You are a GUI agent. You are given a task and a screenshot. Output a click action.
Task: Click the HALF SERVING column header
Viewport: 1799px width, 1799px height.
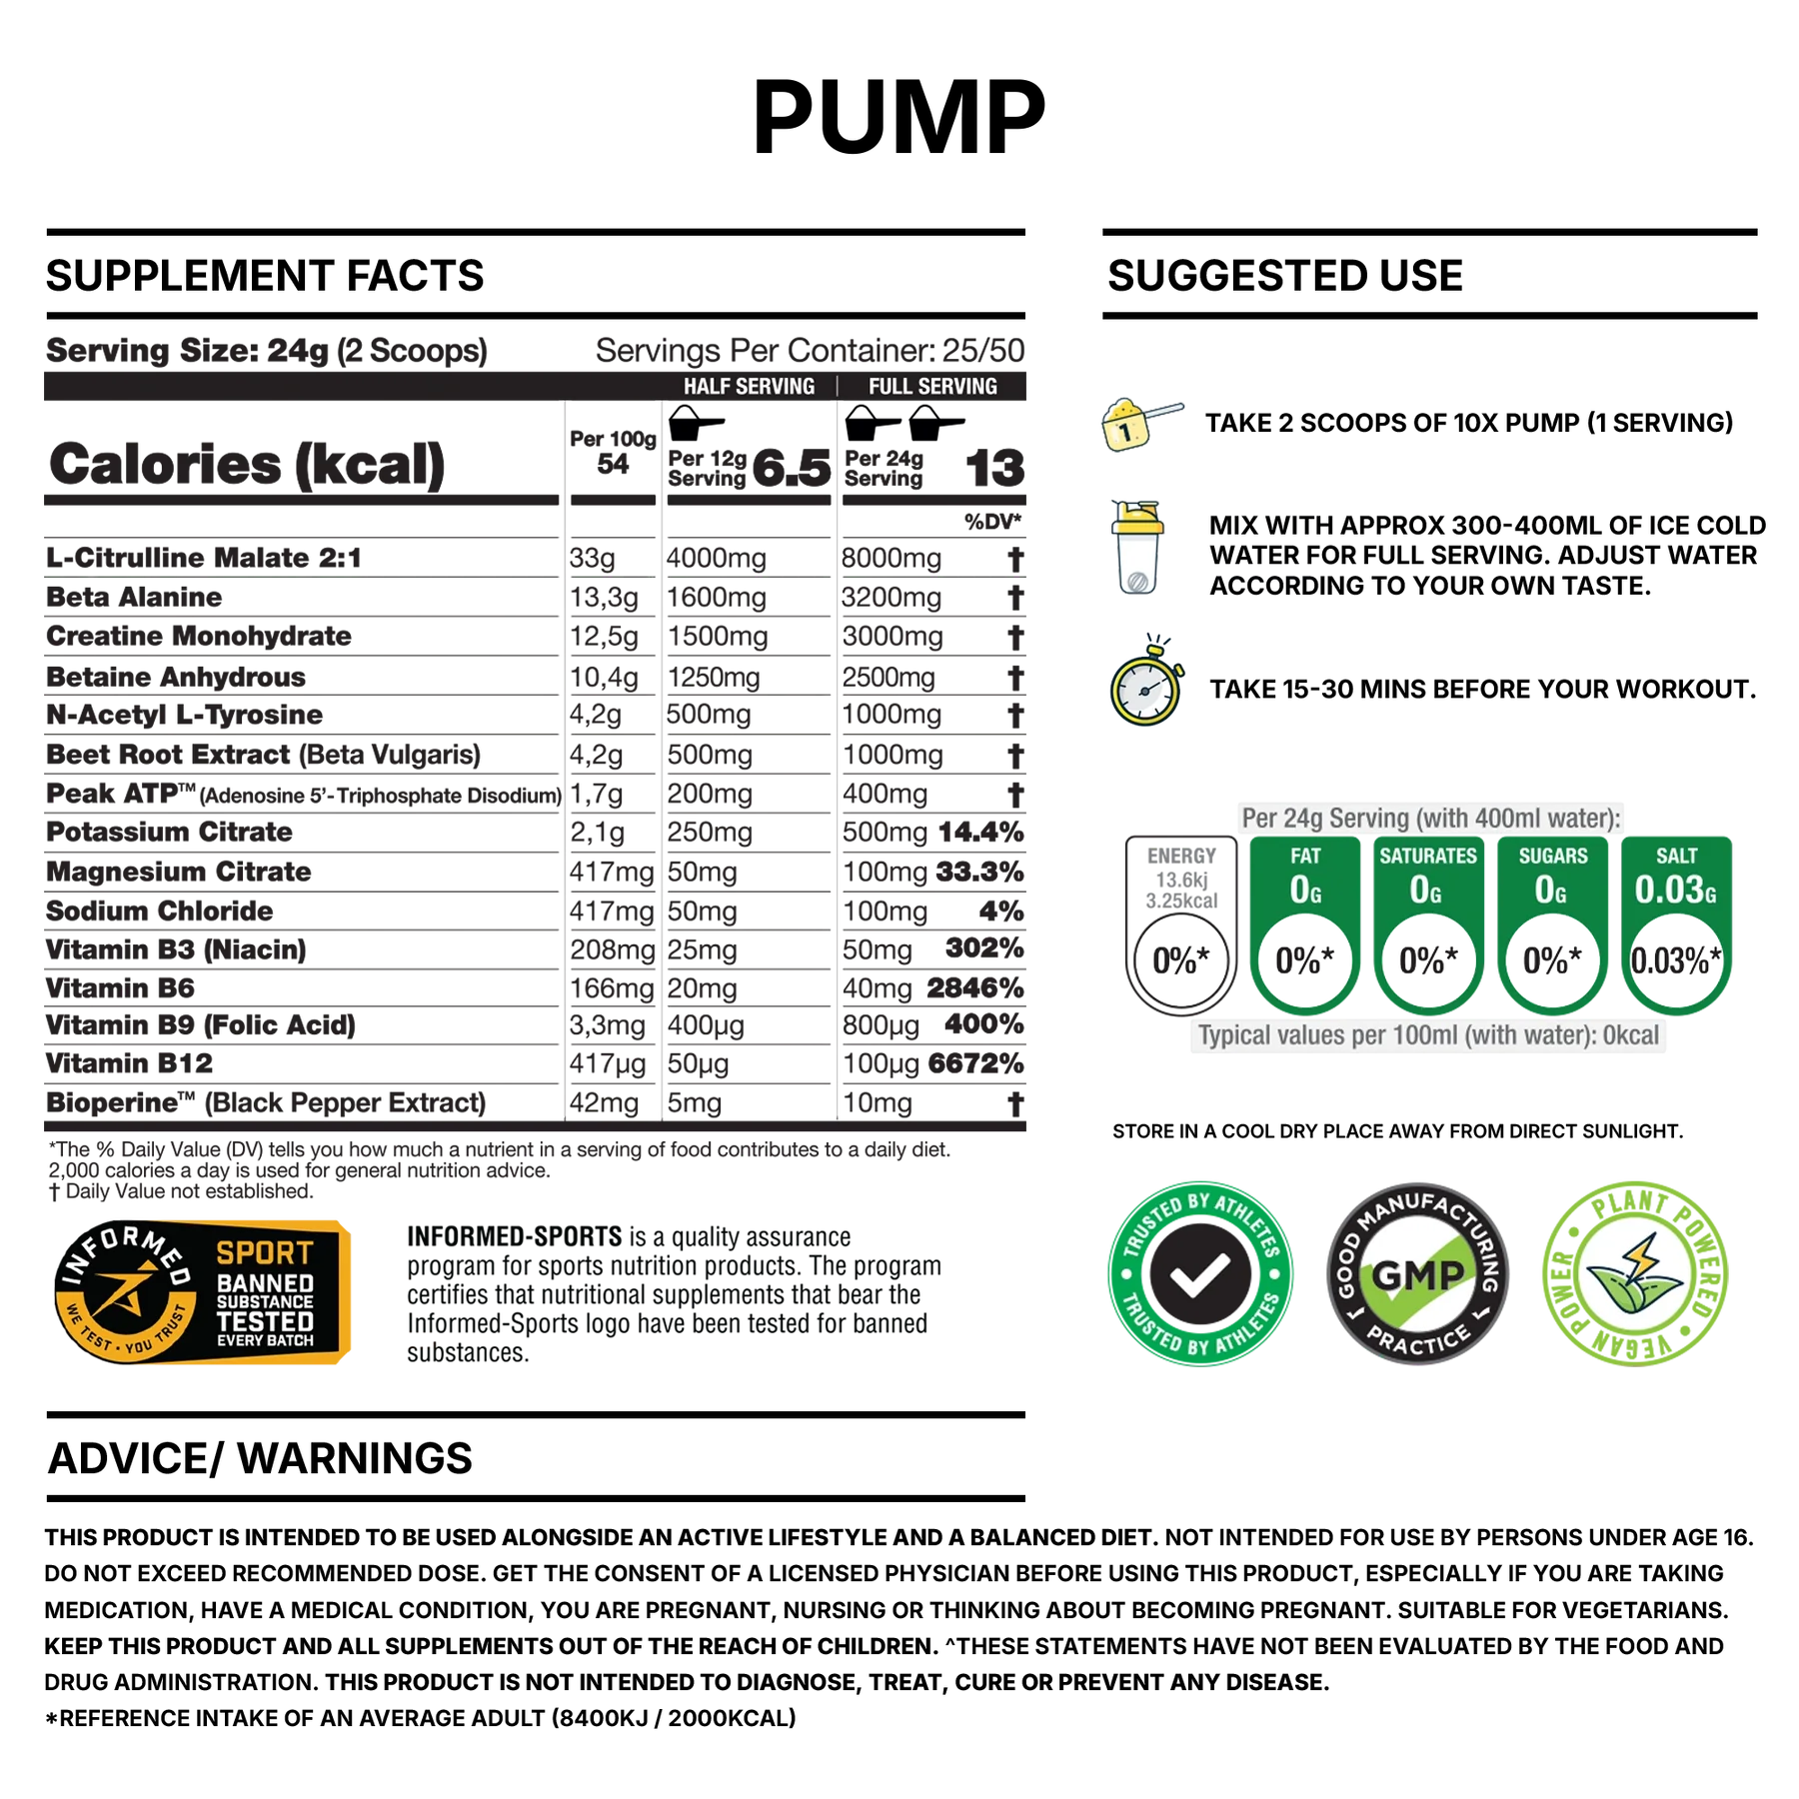(x=749, y=387)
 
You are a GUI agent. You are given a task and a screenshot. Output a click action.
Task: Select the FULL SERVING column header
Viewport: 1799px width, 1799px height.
(x=932, y=387)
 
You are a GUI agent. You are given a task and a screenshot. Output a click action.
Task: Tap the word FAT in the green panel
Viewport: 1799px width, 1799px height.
(x=1305, y=857)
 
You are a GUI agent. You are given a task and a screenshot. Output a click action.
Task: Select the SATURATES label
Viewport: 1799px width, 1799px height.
(x=1427, y=857)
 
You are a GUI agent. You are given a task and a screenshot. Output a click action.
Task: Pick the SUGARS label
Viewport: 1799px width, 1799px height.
(x=1552, y=857)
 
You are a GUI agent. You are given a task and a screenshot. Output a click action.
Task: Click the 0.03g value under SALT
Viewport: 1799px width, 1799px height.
(x=1675, y=890)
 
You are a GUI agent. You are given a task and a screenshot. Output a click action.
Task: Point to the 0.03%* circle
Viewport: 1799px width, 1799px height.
(x=1675, y=961)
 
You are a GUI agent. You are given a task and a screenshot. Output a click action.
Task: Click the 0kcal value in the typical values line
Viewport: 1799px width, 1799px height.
(x=1630, y=1035)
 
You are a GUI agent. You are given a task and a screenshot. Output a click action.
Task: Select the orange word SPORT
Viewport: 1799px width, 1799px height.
(x=265, y=1253)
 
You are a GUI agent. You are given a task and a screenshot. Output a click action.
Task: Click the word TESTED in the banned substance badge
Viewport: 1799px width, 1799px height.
(x=265, y=1321)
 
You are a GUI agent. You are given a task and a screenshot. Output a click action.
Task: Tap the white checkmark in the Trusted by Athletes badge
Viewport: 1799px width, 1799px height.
(x=1199, y=1274)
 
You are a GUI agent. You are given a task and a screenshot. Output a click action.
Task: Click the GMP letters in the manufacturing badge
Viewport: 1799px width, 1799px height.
(x=1417, y=1274)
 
